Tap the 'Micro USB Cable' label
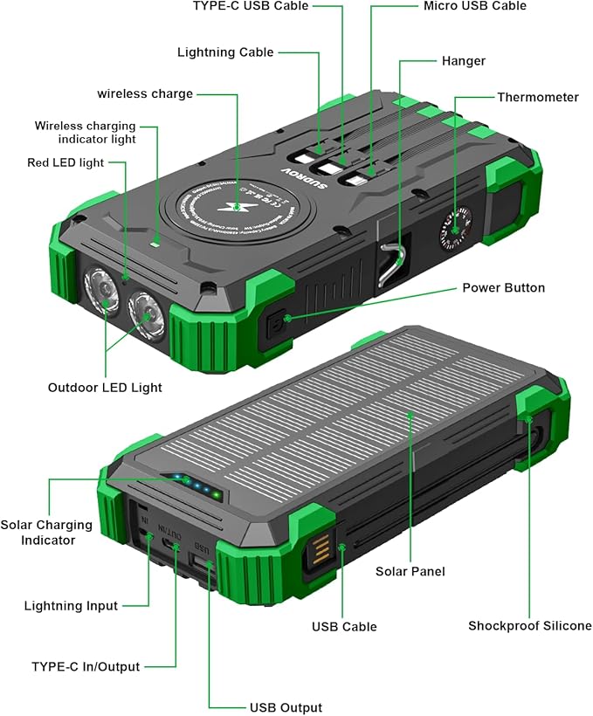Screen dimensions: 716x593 [475, 6]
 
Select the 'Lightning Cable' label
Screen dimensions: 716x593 [225, 52]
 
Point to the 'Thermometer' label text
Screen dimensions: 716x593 [538, 97]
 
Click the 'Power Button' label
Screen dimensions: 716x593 [503, 287]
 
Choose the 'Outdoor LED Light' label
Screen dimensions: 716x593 [105, 387]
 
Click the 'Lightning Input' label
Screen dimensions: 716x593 [71, 605]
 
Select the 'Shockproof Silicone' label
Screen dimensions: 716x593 [529, 625]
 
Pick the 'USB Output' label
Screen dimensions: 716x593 [286, 707]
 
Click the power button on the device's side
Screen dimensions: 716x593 [276, 322]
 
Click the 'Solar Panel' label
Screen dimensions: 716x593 [410, 571]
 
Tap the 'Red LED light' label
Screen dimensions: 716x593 [66, 162]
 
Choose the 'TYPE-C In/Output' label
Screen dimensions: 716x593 [86, 666]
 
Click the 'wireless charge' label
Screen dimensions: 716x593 [145, 93]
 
